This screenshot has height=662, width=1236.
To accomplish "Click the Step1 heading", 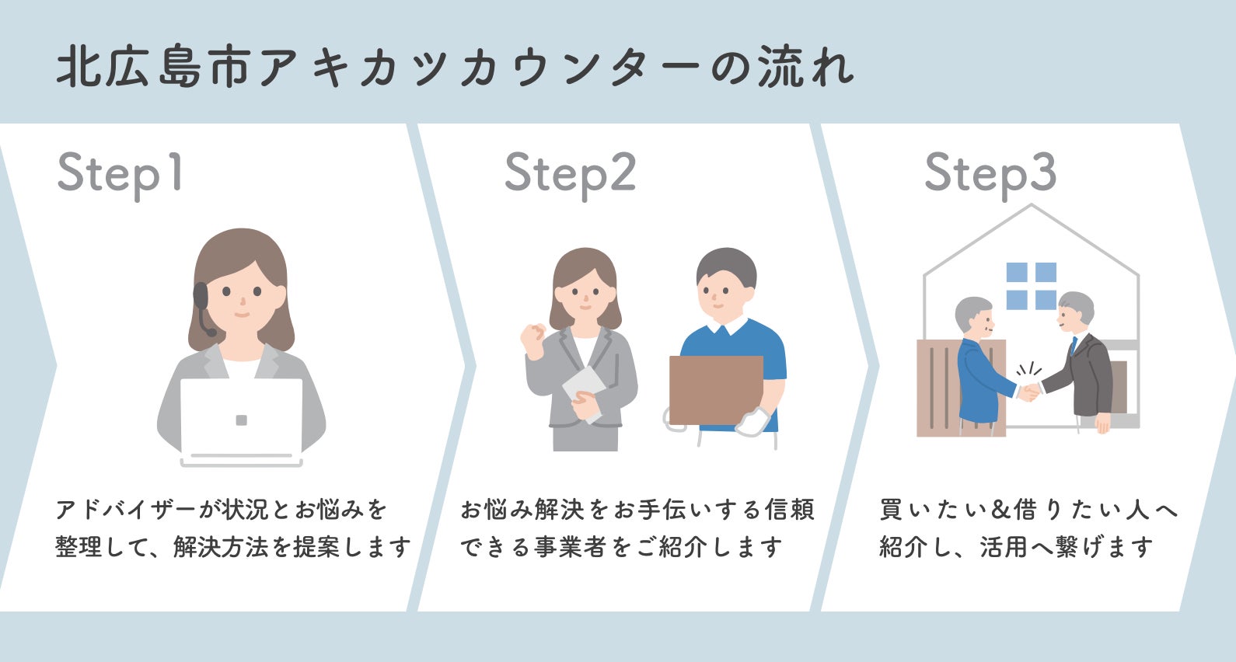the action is click(120, 174).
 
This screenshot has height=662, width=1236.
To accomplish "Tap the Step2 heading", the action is click(570, 174).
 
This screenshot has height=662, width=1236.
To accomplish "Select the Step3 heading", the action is click(990, 174).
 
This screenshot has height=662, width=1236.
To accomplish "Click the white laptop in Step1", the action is click(241, 420).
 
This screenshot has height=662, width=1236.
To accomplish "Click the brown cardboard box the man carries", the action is click(715, 389).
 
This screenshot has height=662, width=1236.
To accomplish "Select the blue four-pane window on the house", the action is click(1031, 286).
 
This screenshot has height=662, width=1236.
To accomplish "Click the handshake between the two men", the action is click(1029, 390).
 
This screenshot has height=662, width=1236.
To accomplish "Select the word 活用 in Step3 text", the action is click(1004, 548).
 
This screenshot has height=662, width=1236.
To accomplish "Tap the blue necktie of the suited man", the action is click(1074, 345).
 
